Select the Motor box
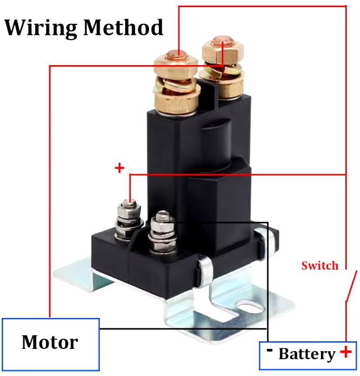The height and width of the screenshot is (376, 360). [50, 343]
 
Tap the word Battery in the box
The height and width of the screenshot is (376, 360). [306, 354]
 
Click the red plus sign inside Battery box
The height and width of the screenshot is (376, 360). [345, 352]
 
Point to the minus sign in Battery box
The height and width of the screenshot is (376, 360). [269, 350]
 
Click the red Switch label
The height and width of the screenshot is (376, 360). [320, 265]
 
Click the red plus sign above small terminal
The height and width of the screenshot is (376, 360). [119, 168]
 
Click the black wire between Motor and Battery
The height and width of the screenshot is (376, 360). [179, 328]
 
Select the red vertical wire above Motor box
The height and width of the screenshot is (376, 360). [50, 190]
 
